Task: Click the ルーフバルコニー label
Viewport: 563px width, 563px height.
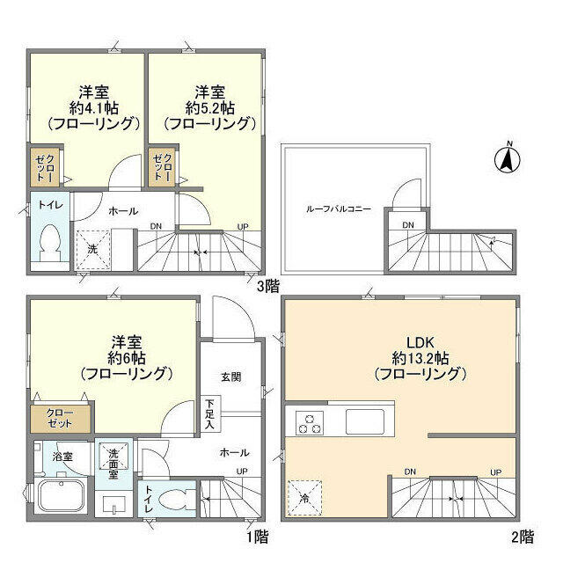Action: pyautogui.click(x=338, y=209)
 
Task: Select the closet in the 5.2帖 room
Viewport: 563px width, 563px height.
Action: pyautogui.click(x=161, y=167)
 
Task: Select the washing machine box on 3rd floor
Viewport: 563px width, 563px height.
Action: pyautogui.click(x=91, y=249)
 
